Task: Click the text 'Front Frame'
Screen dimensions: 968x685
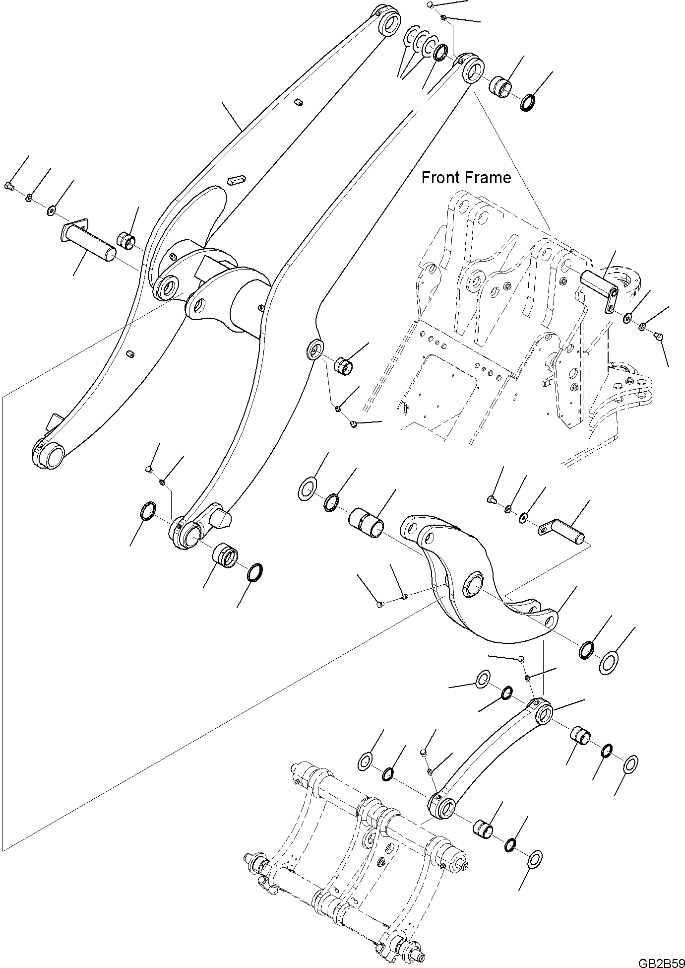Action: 466,177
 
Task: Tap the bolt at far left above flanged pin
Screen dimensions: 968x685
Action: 8,185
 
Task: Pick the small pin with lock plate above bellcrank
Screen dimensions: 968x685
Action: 562,530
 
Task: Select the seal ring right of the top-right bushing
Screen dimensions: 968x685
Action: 528,103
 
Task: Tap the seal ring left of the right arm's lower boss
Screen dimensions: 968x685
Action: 148,511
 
